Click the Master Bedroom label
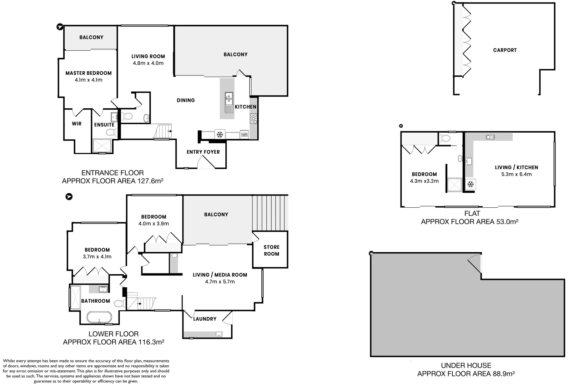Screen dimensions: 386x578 (88, 73)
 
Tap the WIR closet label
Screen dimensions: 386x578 (77, 124)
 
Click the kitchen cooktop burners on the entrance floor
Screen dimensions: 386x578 (253, 118)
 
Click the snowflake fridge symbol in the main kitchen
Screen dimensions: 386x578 (220, 135)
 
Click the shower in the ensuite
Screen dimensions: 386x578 (102, 146)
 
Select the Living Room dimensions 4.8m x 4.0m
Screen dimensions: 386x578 (148, 63)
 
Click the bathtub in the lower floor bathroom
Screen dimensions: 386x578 (100, 317)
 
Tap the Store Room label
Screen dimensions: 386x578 (271, 250)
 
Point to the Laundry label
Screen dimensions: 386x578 (205, 319)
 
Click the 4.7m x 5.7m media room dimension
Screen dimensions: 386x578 (220, 282)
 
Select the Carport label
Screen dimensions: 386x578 (504, 50)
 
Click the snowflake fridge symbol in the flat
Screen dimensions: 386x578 (471, 184)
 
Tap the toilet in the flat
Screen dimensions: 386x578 (445, 138)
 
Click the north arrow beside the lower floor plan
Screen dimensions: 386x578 (69, 197)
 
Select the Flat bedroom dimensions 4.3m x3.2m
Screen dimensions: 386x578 (424, 181)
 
